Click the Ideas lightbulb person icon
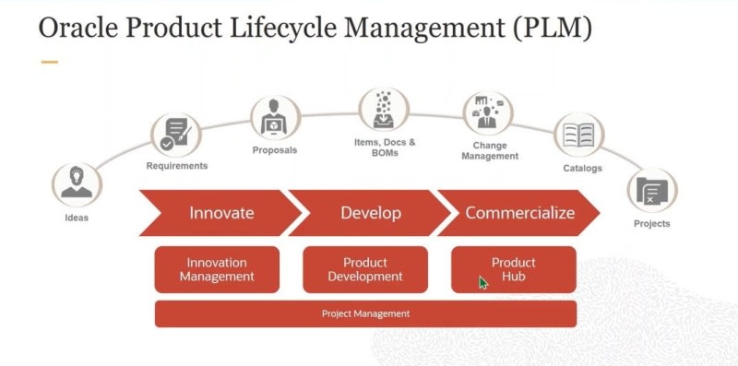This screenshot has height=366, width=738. pyautogui.click(x=77, y=184)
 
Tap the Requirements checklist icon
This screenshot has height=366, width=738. pyautogui.click(x=176, y=135)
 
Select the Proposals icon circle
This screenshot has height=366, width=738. pyautogui.click(x=275, y=119)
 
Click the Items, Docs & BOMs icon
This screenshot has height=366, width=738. pyautogui.click(x=384, y=110)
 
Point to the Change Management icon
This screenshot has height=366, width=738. pyautogui.click(x=488, y=112)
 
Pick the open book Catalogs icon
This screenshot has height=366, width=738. pyautogui.click(x=579, y=136)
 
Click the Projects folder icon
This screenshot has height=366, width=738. pyautogui.click(x=652, y=191)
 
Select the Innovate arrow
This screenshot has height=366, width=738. pyautogui.click(x=220, y=213)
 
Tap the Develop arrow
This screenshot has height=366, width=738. pyautogui.click(x=370, y=213)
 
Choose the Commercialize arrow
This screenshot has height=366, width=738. pyautogui.click(x=518, y=213)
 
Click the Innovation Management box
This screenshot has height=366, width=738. pyautogui.click(x=217, y=269)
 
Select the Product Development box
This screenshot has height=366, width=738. pyautogui.click(x=365, y=269)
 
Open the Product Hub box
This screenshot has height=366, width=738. pyautogui.click(x=514, y=269)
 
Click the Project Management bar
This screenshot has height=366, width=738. pyautogui.click(x=365, y=313)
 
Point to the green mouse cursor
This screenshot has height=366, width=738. pyautogui.click(x=483, y=283)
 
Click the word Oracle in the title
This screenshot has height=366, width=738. pyautogui.click(x=78, y=28)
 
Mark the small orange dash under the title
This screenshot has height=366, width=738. pyautogui.click(x=50, y=62)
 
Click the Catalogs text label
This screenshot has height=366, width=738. pyautogui.click(x=582, y=168)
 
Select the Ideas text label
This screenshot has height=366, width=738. pyautogui.click(x=77, y=218)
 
